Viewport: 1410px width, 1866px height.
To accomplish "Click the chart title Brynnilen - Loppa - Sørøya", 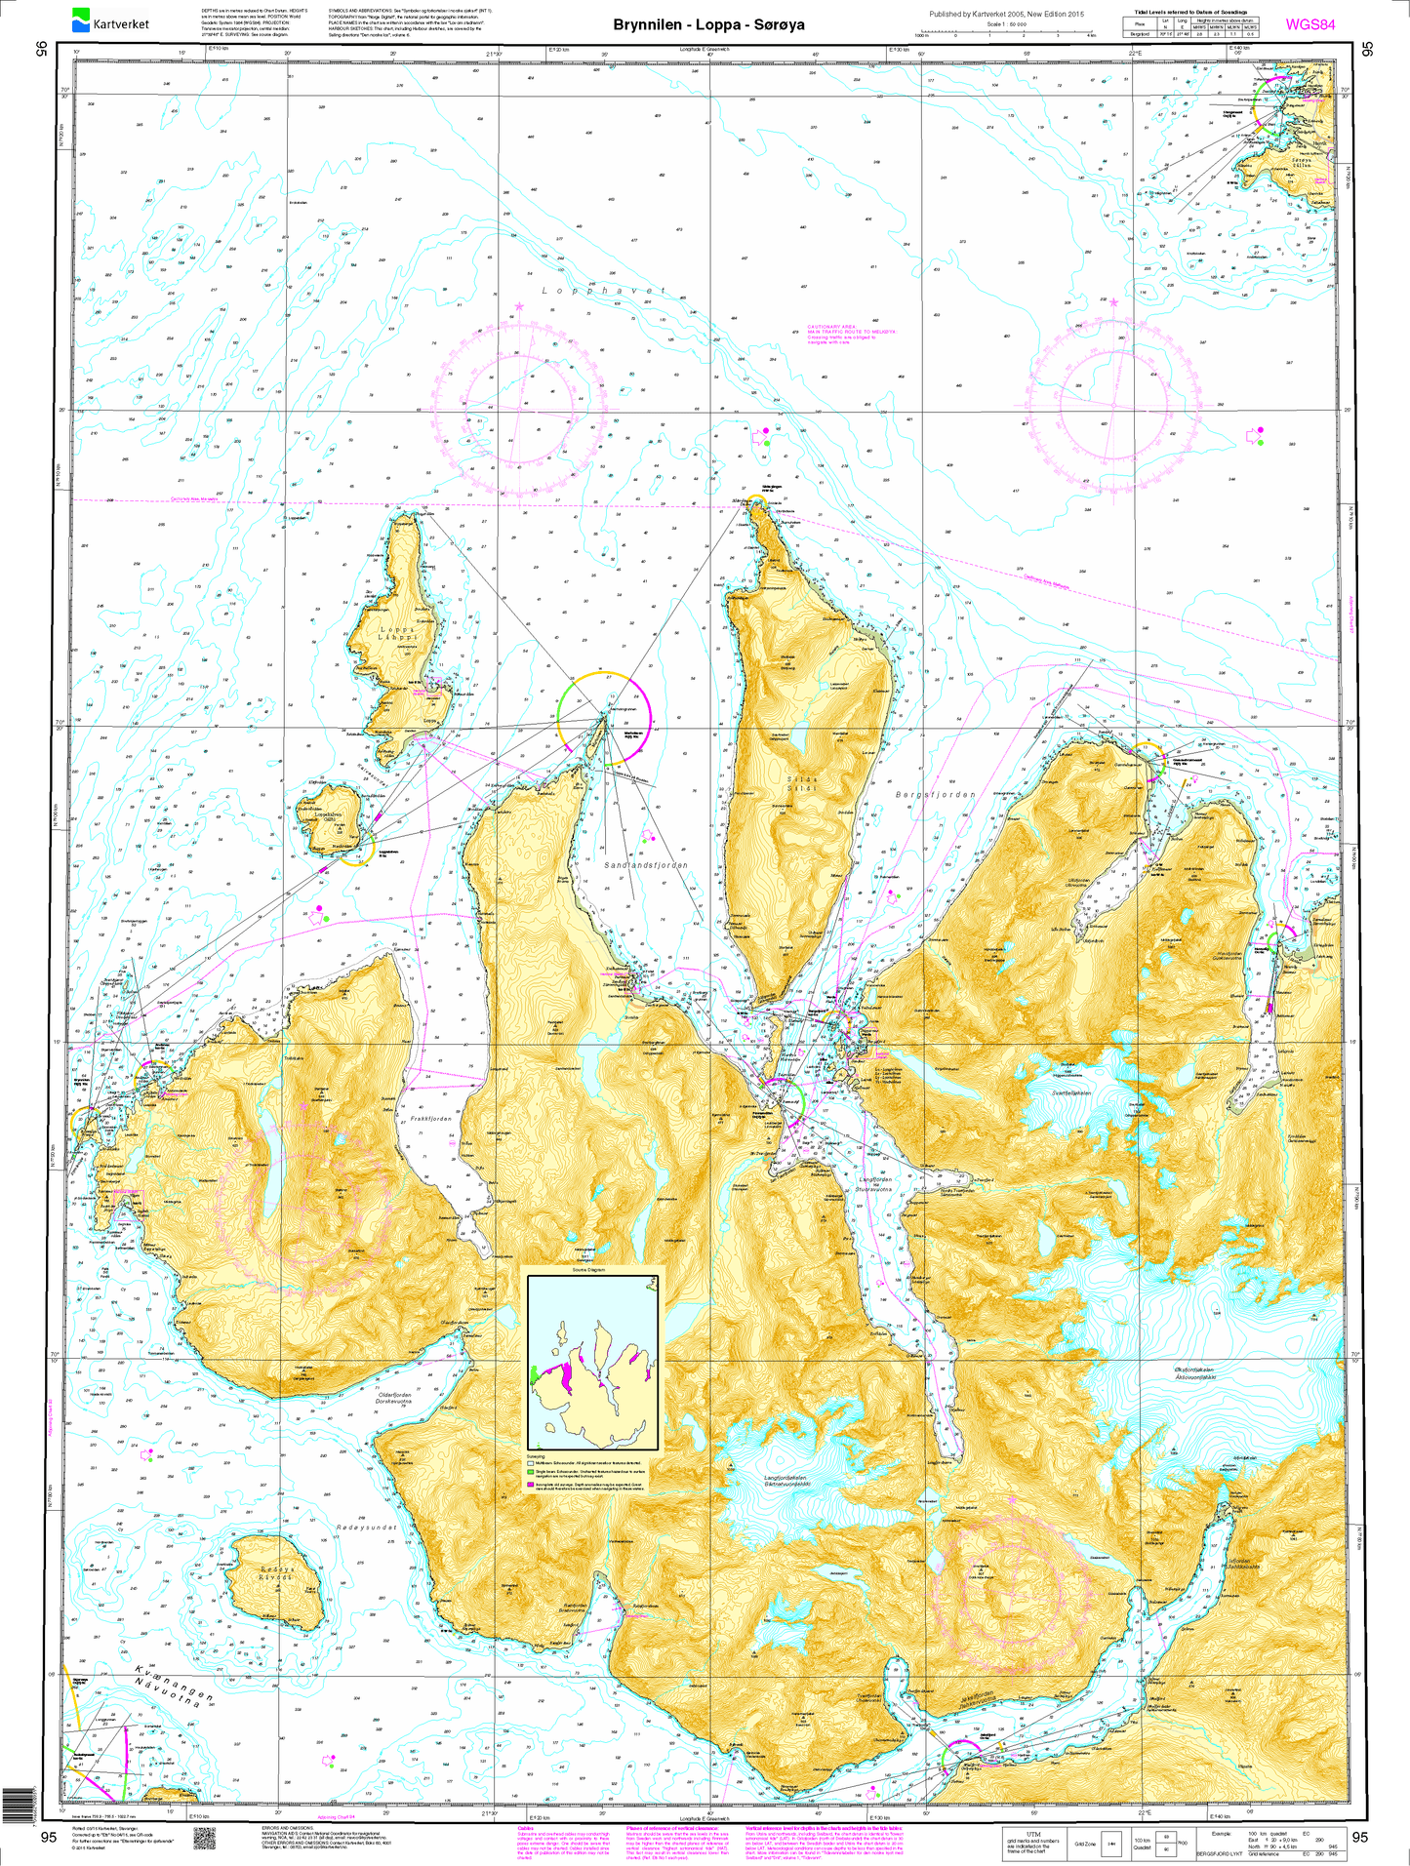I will point(708,24).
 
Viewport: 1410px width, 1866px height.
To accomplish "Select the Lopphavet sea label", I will point(603,291).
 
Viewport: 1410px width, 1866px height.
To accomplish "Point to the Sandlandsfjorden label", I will point(645,864).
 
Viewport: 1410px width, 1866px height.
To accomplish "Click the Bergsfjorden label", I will point(935,795).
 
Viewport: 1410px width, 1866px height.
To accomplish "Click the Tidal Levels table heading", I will point(1189,12).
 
